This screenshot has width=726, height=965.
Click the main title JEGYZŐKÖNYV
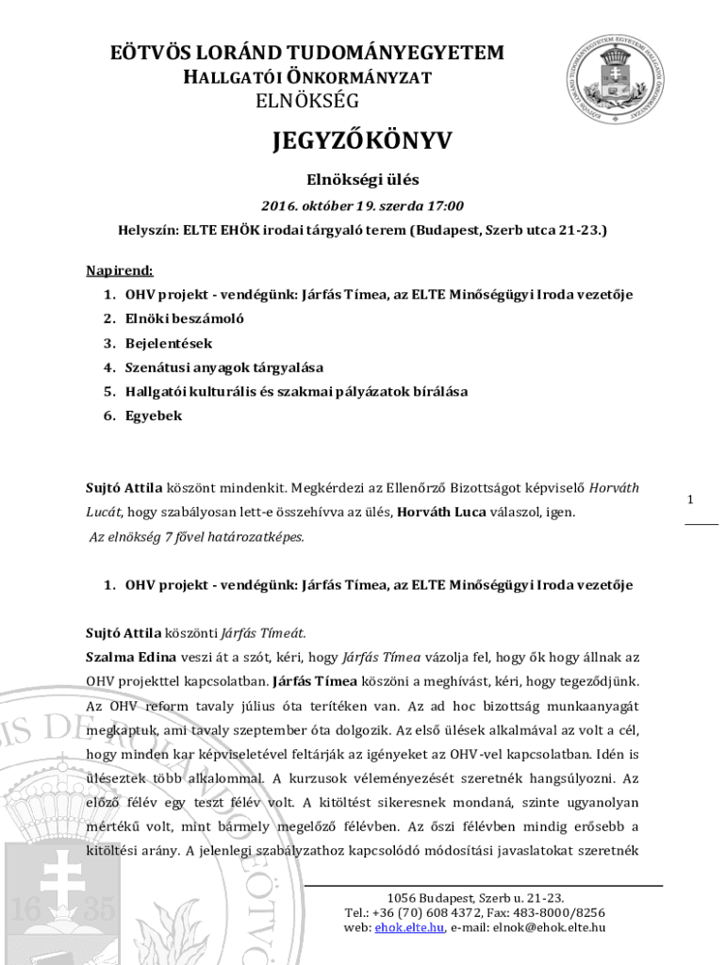pos(362,141)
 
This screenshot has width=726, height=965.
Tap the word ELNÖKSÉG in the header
pos(307,100)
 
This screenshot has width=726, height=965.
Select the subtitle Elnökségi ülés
pos(362,179)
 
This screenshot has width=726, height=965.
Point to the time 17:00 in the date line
pos(444,205)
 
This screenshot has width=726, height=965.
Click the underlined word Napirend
pos(120,270)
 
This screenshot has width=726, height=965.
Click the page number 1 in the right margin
pos(691,499)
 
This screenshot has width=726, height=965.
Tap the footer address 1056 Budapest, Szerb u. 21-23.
pos(476,897)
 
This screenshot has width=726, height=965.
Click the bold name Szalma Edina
pos(125,657)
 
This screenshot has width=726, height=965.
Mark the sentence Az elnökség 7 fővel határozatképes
pos(197,537)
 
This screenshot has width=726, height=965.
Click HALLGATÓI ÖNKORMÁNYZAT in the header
pos(306,77)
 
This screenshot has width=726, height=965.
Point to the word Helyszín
pos(147,229)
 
